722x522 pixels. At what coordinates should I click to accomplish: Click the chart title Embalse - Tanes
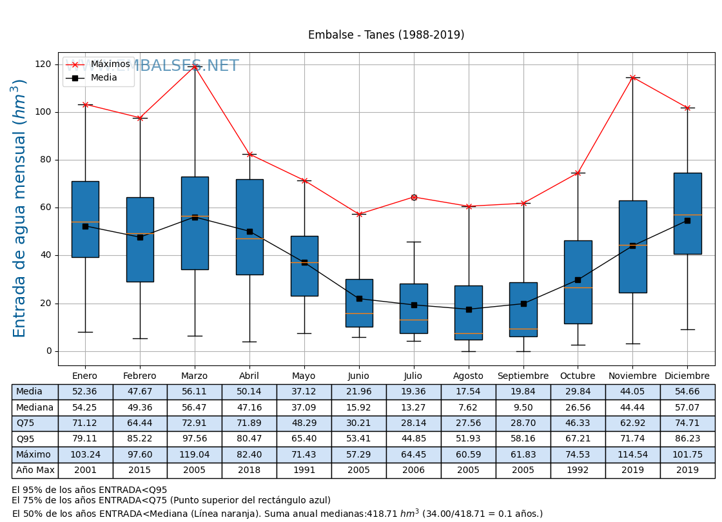[x=385, y=35]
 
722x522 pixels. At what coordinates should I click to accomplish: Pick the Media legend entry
[x=104, y=78]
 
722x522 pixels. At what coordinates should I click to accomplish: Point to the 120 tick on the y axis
[x=44, y=64]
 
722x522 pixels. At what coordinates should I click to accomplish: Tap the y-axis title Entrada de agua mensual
[x=20, y=208]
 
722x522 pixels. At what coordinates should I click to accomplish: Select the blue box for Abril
[x=249, y=227]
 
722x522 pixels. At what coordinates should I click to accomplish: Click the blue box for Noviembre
[x=632, y=246]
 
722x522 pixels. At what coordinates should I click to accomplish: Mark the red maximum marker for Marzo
[x=195, y=66]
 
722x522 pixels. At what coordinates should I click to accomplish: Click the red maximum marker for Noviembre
[x=632, y=77]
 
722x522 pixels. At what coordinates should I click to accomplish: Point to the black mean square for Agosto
[x=469, y=309]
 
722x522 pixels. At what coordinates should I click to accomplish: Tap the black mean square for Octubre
[x=578, y=280]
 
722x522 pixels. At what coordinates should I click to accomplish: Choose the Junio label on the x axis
[x=358, y=376]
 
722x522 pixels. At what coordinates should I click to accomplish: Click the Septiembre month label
[x=523, y=376]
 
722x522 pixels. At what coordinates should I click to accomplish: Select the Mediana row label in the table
[x=35, y=408]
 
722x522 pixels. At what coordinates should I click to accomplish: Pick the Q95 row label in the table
[x=35, y=439]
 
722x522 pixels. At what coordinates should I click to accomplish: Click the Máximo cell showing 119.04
[x=195, y=455]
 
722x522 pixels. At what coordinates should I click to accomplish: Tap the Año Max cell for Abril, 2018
[x=249, y=470]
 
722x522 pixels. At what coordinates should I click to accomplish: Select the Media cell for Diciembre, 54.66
[x=687, y=392]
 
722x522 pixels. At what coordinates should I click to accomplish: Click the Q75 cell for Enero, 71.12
[x=85, y=423]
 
